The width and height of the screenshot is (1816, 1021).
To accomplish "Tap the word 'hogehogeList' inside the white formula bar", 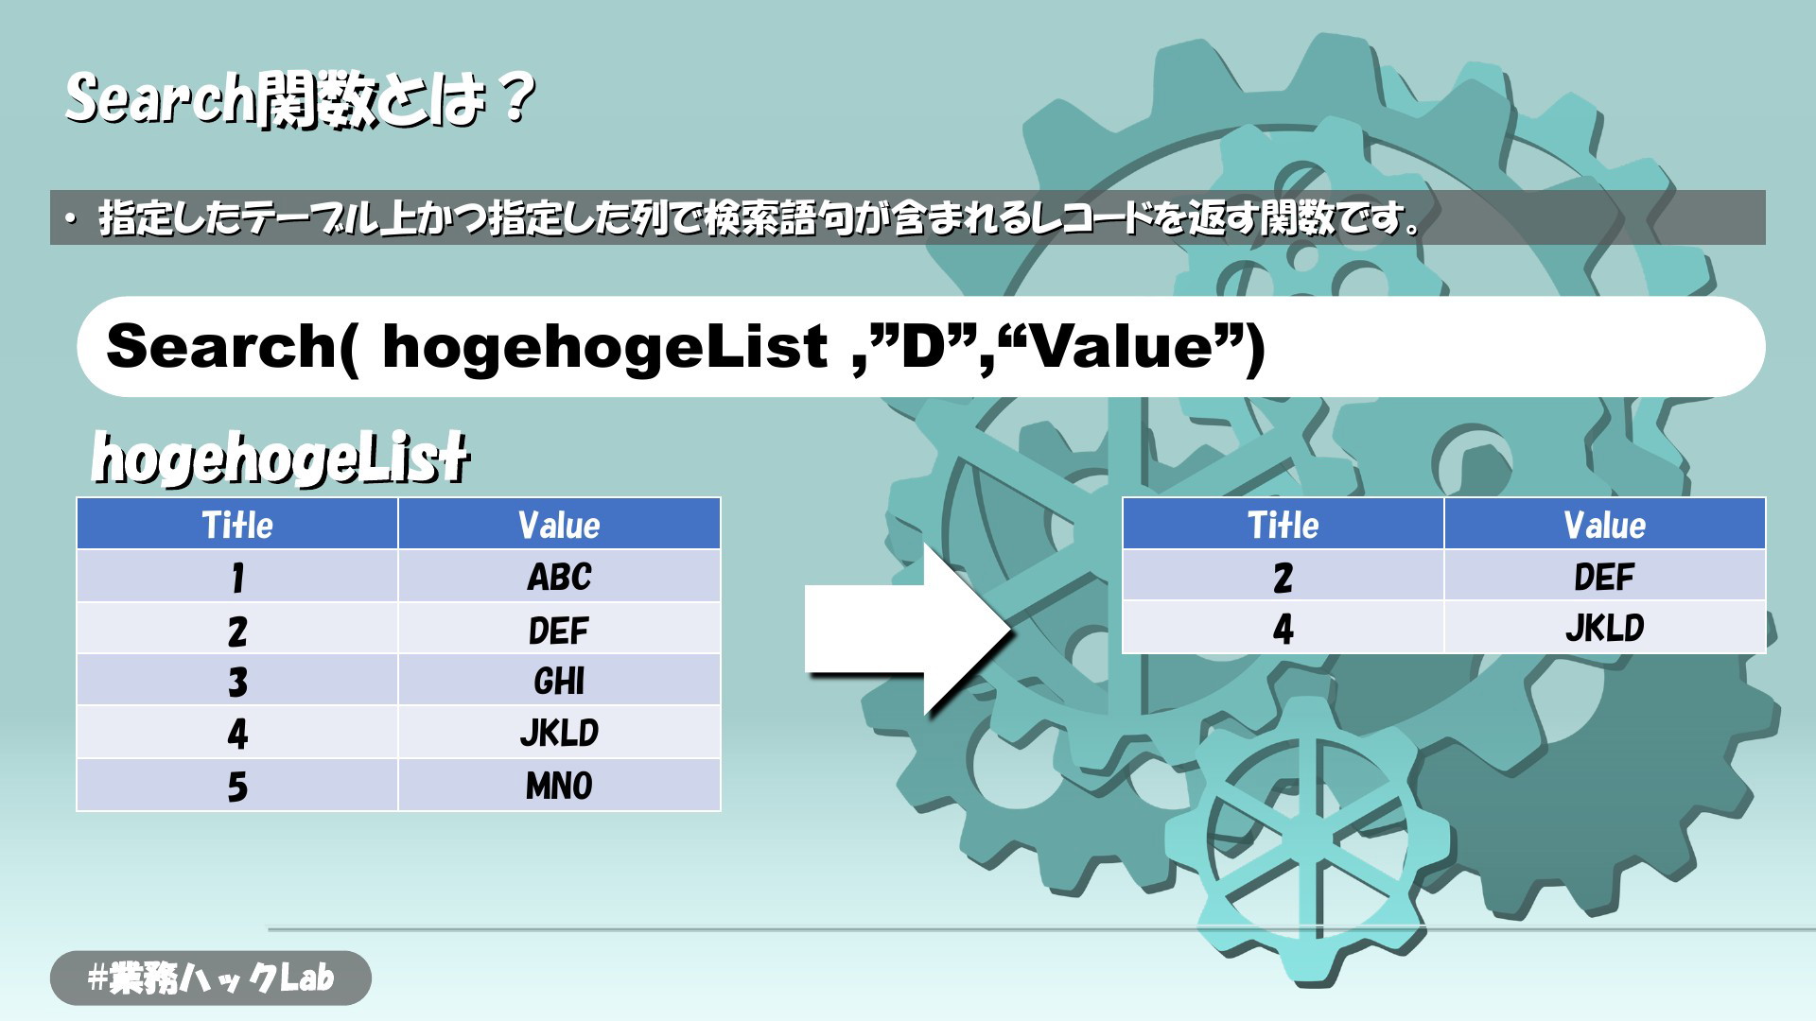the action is click(x=605, y=346).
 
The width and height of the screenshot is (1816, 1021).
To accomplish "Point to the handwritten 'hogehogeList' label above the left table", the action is click(x=280, y=459).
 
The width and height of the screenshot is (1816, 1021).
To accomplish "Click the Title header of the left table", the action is click(x=237, y=524).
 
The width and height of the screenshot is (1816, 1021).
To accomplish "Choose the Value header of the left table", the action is click(x=559, y=524).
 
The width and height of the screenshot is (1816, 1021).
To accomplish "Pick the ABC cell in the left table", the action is click(x=559, y=576).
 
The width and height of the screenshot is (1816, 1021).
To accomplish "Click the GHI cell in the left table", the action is click(x=559, y=681).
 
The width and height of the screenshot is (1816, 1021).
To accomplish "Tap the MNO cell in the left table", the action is click(x=559, y=785).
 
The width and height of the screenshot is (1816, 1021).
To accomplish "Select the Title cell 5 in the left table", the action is click(x=237, y=785).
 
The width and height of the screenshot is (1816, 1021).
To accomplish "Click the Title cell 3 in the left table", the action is click(x=237, y=681).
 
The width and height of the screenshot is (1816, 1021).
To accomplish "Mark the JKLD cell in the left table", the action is click(x=559, y=733).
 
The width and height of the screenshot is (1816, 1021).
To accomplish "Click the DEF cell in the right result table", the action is click(x=1605, y=576).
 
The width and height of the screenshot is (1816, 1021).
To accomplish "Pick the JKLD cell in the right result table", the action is click(x=1605, y=627).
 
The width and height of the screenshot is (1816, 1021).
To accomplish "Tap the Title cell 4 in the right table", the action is click(x=1283, y=627).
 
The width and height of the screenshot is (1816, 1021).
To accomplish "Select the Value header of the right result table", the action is click(x=1605, y=524).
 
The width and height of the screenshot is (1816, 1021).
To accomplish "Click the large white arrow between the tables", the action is click(x=908, y=629).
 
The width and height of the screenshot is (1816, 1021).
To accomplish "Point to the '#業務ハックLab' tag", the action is click(x=211, y=978).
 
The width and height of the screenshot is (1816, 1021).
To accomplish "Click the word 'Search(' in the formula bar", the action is click(x=233, y=346).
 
